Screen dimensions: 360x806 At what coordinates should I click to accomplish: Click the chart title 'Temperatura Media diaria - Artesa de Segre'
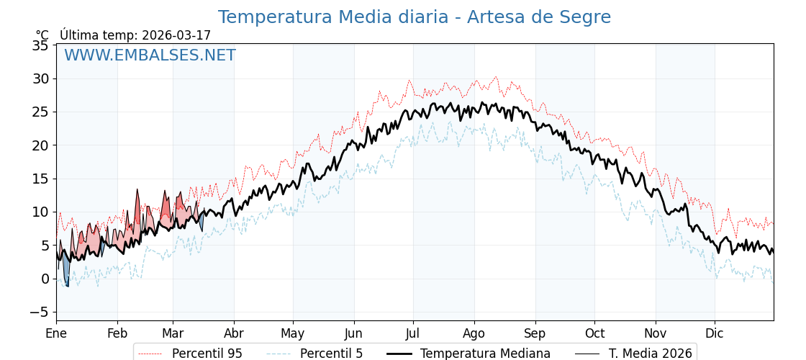click(414, 17)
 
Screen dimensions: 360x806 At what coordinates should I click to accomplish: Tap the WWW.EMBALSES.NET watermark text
click(150, 55)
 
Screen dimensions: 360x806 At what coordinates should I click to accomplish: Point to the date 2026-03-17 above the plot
click(176, 35)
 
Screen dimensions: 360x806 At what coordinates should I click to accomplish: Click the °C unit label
click(42, 35)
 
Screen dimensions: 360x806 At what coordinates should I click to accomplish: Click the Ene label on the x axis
click(56, 333)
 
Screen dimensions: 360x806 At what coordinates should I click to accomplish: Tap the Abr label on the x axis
click(234, 333)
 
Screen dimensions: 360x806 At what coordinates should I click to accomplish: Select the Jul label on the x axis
click(413, 333)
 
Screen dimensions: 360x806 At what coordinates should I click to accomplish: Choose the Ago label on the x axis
click(474, 333)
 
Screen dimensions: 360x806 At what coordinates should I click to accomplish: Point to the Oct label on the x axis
click(594, 333)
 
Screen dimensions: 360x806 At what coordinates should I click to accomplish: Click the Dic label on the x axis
click(715, 333)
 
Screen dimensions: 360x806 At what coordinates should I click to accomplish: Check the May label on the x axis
click(293, 333)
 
